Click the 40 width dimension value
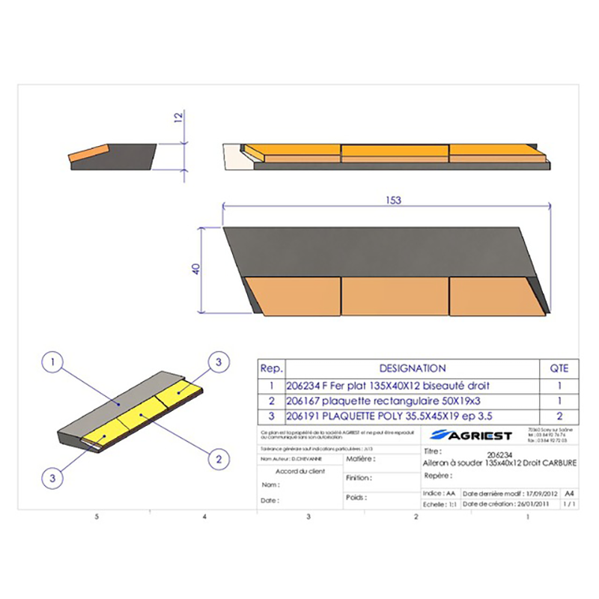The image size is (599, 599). coord(197,270)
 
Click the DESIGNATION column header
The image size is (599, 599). coord(413,368)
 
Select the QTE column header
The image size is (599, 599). coord(559,368)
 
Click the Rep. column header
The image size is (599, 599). coord(271,368)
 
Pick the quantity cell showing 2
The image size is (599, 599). coord(559,416)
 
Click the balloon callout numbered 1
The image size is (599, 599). coord(52,365)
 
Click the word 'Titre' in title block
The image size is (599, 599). coord(433,452)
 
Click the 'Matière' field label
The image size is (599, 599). coord(360,458)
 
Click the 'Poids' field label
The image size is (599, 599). coord(356,497)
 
